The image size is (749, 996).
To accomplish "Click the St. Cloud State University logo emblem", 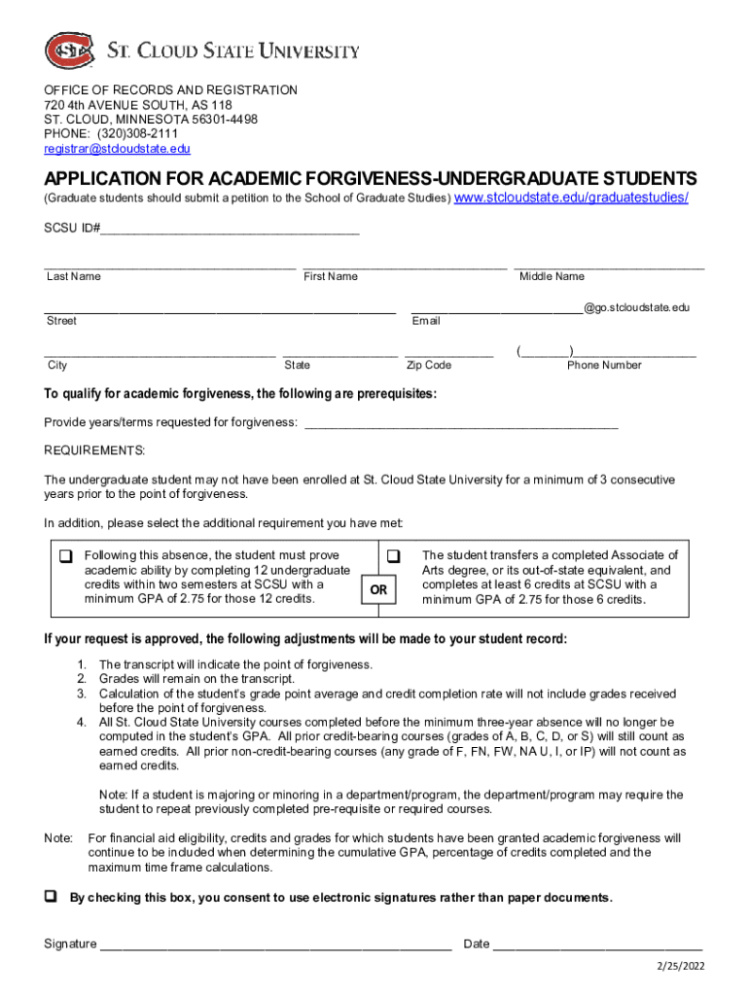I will point(69,50).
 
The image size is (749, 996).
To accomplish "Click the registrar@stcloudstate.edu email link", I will point(117,149).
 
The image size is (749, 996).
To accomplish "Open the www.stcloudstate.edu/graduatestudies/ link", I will point(572,197).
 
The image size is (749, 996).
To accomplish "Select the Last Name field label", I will point(74,276).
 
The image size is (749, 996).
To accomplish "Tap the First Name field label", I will point(331,276).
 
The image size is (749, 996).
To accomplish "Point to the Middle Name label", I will point(552,276).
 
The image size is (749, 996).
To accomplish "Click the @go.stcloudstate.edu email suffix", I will point(636,307).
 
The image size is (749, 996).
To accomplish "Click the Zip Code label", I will point(429,365).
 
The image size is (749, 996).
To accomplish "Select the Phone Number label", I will point(604,365).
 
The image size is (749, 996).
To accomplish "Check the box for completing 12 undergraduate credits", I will point(66,557).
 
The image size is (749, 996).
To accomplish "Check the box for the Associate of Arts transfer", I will point(394,557).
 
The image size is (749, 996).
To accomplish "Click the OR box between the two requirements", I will point(378,589).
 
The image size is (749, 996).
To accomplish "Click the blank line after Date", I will point(597,944).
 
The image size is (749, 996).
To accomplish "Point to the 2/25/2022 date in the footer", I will point(679,966).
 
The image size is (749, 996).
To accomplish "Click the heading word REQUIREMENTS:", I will point(94,451).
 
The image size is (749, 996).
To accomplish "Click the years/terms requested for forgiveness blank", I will point(461,423).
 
